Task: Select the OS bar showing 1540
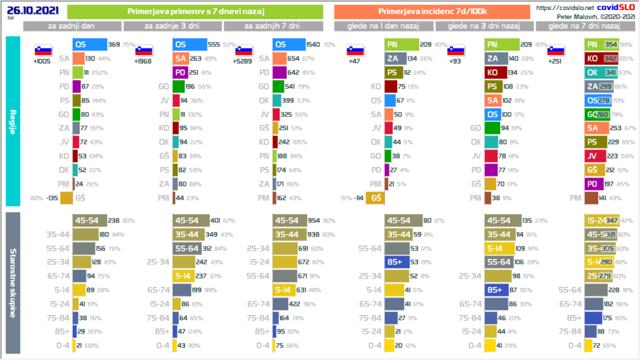pyautogui.click(x=289, y=44)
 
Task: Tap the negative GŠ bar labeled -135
pyautogui.click(x=66, y=198)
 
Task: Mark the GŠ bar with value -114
pyautogui.click(x=376, y=198)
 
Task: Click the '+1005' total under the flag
pyautogui.click(x=43, y=61)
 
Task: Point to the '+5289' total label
pyautogui.click(x=244, y=61)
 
